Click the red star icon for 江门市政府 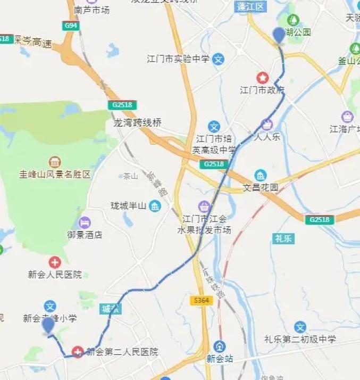tap(262, 78)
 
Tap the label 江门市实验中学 tap(178, 59)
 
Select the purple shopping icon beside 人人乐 tap(266, 125)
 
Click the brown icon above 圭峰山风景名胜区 tap(55, 162)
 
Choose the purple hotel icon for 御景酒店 tap(84, 222)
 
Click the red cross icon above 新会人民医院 tap(55, 262)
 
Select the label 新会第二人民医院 tap(122, 352)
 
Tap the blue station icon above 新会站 tap(220, 346)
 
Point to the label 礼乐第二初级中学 tap(300, 339)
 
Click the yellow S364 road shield tap(202, 301)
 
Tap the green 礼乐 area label tap(283, 238)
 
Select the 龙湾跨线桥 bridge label tap(137, 122)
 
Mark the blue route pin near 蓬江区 tap(279, 35)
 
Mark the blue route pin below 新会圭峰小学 tap(48, 325)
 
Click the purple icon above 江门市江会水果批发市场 tap(204, 206)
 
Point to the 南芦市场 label tap(91, 9)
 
